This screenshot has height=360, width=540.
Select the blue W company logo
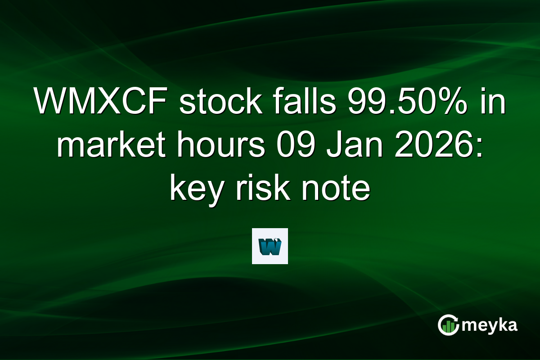point(270,246)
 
